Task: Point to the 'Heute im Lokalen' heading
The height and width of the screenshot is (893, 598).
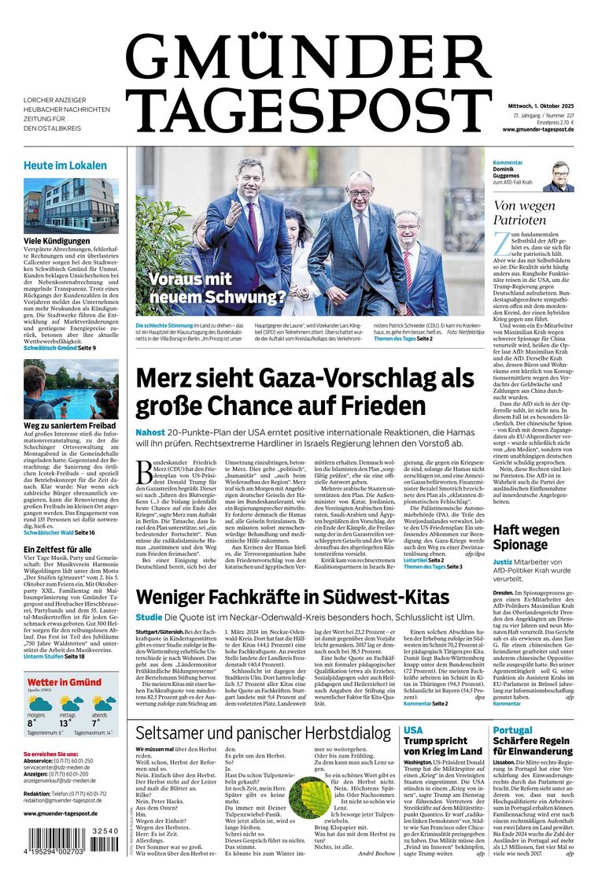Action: [x=65, y=165]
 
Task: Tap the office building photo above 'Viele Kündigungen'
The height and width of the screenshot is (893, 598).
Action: [x=71, y=206]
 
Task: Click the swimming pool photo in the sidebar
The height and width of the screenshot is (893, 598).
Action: [x=71, y=389]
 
